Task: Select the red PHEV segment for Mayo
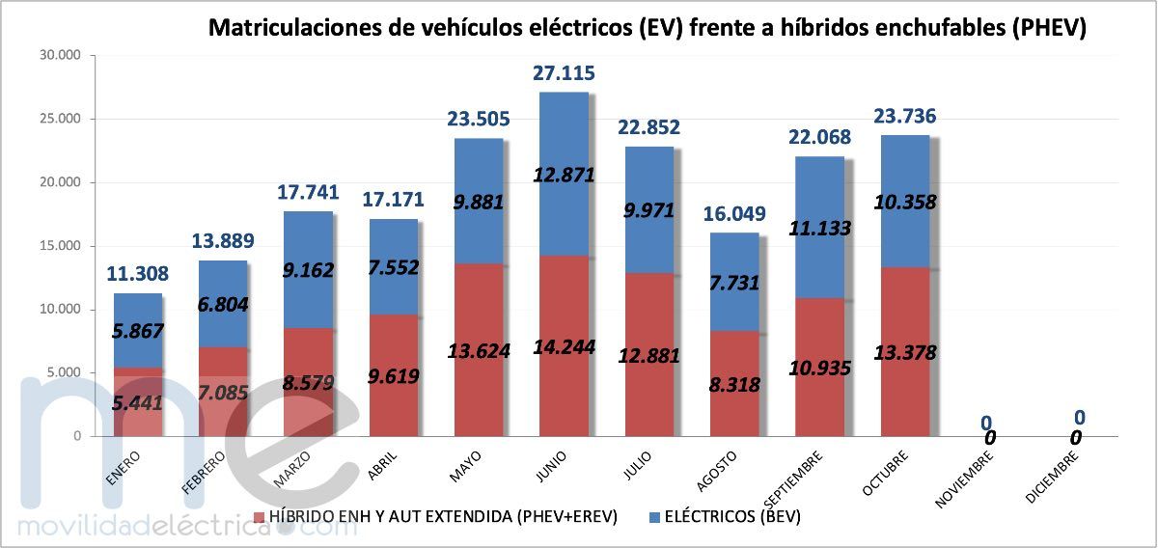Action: tap(479, 318)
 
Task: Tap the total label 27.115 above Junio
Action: tap(564, 72)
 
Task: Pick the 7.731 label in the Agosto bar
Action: tap(733, 282)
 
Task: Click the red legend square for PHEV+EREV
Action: tap(258, 518)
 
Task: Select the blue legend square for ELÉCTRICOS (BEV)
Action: tap(655, 518)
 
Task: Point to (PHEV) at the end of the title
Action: tap(1049, 29)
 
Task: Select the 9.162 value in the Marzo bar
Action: tap(309, 270)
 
